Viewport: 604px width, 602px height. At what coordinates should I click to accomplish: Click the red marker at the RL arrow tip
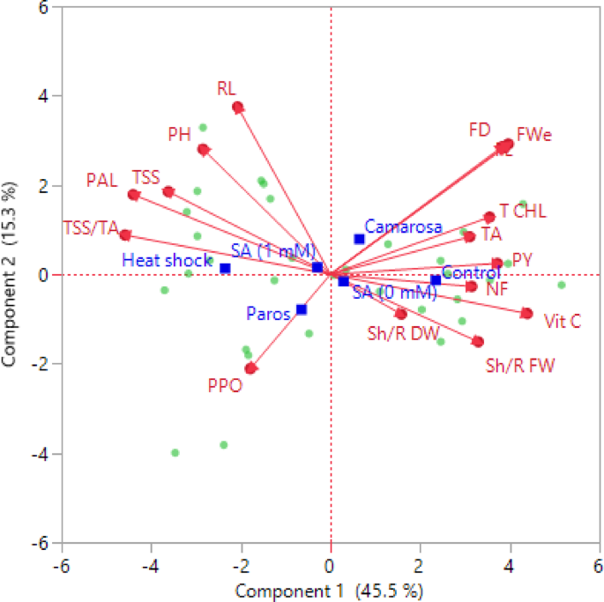(238, 108)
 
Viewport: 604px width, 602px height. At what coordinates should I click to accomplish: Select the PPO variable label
(225, 385)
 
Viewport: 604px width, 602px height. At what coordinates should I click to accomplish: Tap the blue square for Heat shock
(225, 269)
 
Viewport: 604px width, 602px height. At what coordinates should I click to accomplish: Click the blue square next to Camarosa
(359, 239)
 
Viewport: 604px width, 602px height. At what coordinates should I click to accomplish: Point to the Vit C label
(562, 321)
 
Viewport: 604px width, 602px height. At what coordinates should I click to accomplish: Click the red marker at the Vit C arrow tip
(526, 313)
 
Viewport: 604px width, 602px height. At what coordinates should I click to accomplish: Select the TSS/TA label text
(91, 228)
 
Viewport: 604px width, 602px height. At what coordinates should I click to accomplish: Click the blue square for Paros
(302, 309)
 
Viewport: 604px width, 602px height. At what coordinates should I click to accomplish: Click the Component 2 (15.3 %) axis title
(13, 275)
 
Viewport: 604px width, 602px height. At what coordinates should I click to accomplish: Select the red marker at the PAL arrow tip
(133, 195)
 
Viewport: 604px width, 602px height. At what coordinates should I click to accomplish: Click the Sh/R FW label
(520, 365)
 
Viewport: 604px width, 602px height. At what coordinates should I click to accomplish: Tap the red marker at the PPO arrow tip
(250, 368)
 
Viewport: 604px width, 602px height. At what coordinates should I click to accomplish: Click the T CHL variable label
(523, 212)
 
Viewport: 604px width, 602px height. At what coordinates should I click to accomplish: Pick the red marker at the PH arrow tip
(204, 150)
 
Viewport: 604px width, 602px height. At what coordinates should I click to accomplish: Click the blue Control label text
(471, 272)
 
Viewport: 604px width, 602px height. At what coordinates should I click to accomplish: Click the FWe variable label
(534, 135)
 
